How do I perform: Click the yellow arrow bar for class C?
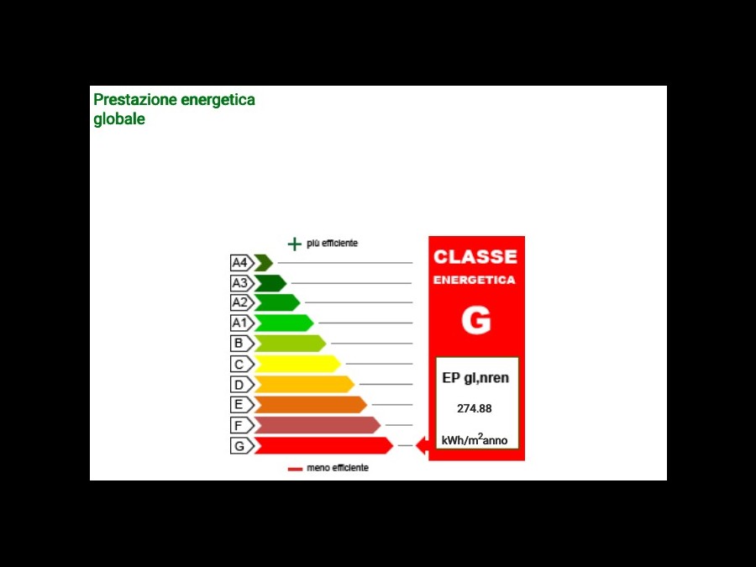point(297,364)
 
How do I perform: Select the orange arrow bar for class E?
point(311,405)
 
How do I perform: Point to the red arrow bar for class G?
point(323,445)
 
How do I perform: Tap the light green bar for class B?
point(290,344)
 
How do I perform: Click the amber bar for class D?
point(304,384)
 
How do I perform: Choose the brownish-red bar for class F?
point(318,425)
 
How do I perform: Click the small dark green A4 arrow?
point(264,263)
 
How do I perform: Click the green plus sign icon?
point(294,244)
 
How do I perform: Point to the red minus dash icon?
point(295,469)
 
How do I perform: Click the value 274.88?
point(475,409)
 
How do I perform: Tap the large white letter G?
point(476,320)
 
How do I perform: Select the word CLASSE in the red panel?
point(475,256)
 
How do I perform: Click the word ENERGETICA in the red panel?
point(475,280)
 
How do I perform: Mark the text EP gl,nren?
point(475,378)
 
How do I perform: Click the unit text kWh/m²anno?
point(475,439)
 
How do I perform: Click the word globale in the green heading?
point(119,119)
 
